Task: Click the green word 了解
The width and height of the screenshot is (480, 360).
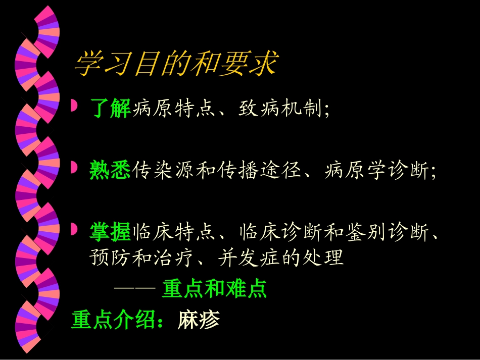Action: click(x=111, y=108)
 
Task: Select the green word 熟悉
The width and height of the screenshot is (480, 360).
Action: click(x=111, y=170)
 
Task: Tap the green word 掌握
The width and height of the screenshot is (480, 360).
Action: click(x=111, y=232)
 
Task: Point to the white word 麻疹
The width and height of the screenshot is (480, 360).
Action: click(x=199, y=319)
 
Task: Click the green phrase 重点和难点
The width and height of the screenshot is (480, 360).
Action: click(x=214, y=289)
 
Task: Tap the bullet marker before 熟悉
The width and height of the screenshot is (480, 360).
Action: click(x=74, y=167)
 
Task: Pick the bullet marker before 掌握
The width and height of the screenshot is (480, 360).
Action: click(x=74, y=230)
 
